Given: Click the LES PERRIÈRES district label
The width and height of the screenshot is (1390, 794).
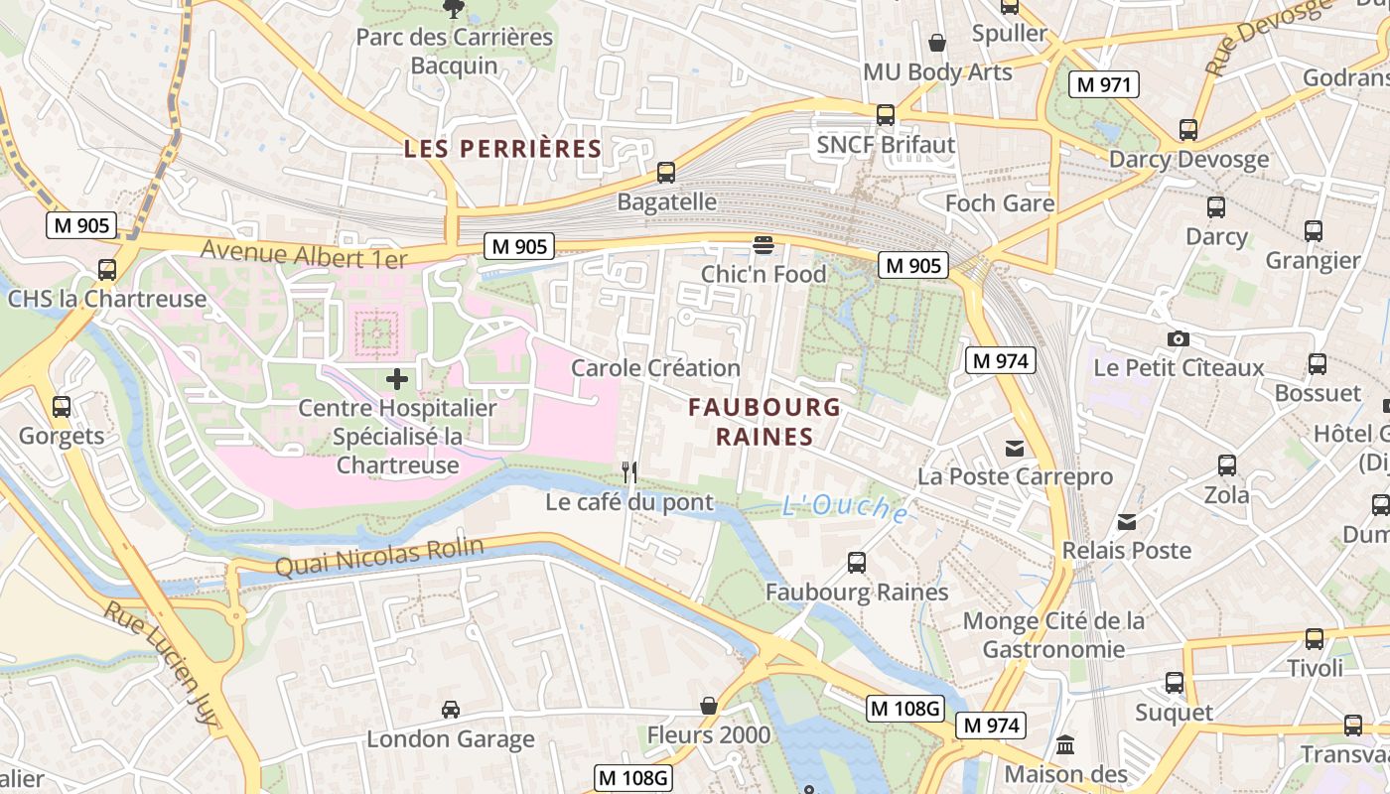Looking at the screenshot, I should pyautogui.click(x=502, y=149).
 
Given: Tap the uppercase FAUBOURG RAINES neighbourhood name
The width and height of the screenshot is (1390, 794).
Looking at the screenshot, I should pyautogui.click(x=764, y=422).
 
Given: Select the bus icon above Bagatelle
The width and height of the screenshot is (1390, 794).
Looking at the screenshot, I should pyautogui.click(x=666, y=173).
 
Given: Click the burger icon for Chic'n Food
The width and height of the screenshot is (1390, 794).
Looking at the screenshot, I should pyautogui.click(x=763, y=245).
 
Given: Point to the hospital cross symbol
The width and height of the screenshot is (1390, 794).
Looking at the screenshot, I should pyautogui.click(x=397, y=378).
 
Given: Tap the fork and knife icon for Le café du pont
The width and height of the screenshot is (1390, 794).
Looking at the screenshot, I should pyautogui.click(x=628, y=472).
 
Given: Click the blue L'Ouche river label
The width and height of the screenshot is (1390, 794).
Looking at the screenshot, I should pyautogui.click(x=845, y=507).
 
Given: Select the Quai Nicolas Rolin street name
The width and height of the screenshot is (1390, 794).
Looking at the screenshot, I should pyautogui.click(x=379, y=557).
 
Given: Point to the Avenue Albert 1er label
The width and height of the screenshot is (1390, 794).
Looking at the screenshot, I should pyautogui.click(x=304, y=254).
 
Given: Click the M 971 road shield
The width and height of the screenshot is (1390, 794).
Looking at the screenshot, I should pyautogui.click(x=1103, y=84).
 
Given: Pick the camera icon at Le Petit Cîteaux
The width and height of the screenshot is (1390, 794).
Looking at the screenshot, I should pyautogui.click(x=1179, y=339).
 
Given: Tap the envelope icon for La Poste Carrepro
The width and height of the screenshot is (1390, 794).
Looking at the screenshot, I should pyautogui.click(x=1014, y=449).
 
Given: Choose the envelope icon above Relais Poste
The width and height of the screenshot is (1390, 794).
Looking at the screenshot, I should pyautogui.click(x=1126, y=522).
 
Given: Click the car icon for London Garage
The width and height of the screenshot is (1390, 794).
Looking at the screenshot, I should pyautogui.click(x=450, y=710).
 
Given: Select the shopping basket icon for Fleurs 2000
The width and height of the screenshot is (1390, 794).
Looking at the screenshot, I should pyautogui.click(x=709, y=706).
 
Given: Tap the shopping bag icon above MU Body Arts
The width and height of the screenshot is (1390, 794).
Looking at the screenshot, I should pyautogui.click(x=936, y=43).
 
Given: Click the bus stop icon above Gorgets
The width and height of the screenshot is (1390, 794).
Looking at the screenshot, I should pyautogui.click(x=61, y=407).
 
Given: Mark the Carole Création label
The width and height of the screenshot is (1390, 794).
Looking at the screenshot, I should pyautogui.click(x=655, y=368).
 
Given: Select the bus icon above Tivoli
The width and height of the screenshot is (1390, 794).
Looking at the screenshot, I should pyautogui.click(x=1315, y=639).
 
